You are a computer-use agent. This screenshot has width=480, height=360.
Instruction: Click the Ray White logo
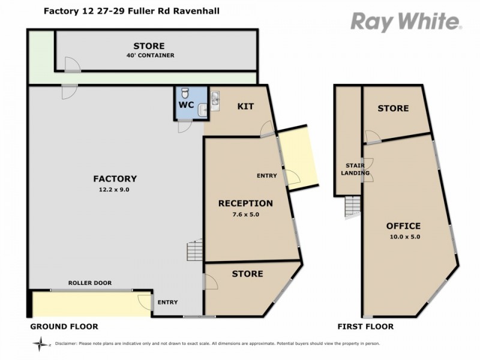(x=406, y=22)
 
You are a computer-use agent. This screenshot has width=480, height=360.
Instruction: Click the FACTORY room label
(x=115, y=178)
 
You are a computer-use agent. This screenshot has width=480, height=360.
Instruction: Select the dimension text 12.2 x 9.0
(x=115, y=189)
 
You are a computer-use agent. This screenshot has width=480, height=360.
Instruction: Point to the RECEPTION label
(x=245, y=203)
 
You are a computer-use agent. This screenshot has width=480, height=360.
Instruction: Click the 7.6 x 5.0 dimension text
(x=245, y=214)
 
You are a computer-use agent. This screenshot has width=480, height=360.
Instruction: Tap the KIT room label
(x=246, y=107)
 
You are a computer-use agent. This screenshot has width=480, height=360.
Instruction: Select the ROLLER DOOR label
(x=90, y=283)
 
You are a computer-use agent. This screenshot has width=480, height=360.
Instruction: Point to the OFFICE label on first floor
(x=403, y=226)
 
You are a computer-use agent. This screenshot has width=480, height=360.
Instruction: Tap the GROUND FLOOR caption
(x=64, y=326)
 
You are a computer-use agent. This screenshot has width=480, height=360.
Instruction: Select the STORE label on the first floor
(x=393, y=108)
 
